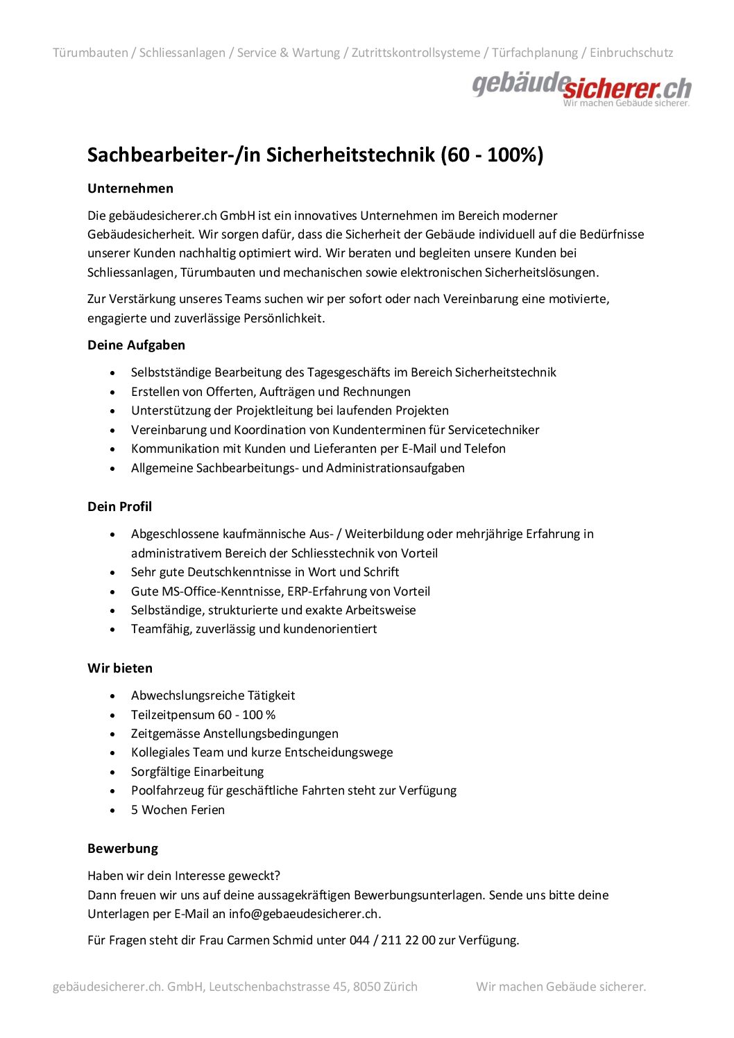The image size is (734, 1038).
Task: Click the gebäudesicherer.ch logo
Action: pyautogui.click(x=581, y=89)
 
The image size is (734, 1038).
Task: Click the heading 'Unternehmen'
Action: pyautogui.click(x=130, y=189)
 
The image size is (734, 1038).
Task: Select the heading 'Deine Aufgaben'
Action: pyautogui.click(x=136, y=345)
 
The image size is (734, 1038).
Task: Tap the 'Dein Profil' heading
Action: pyautogui.click(x=119, y=506)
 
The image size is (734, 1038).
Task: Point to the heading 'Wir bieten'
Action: pyautogui.click(x=120, y=668)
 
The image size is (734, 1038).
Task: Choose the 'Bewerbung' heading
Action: pyautogui.click(x=123, y=848)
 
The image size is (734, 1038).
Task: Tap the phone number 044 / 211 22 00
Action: pyautogui.click(x=392, y=940)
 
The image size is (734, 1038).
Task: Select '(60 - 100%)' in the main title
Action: pyautogui.click(x=492, y=155)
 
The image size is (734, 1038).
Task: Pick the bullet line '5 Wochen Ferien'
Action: pyautogui.click(x=178, y=810)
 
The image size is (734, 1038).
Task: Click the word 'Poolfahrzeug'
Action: pyautogui.click(x=167, y=790)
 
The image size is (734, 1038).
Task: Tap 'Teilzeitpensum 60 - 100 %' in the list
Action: pyautogui.click(x=203, y=715)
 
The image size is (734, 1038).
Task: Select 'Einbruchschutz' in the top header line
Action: pyautogui.click(x=631, y=53)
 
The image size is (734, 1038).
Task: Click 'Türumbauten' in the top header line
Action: pyautogui.click(x=90, y=53)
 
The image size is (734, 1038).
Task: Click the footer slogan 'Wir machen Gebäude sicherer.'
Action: pyautogui.click(x=561, y=986)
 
